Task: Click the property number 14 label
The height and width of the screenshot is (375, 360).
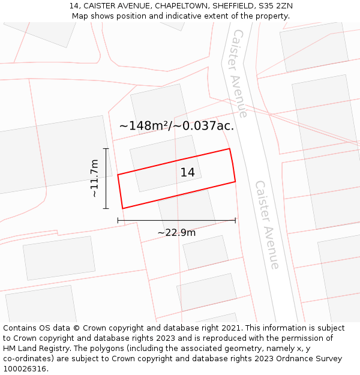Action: [187, 173]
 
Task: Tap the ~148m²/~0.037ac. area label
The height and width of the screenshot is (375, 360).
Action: [176, 126]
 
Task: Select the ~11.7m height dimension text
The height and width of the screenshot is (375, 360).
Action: [94, 178]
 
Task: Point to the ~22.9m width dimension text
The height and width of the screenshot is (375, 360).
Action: [176, 232]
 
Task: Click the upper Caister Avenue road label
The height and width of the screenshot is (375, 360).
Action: [239, 73]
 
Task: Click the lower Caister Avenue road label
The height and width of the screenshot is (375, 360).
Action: [268, 224]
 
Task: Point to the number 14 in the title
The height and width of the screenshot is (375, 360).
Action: [74, 6]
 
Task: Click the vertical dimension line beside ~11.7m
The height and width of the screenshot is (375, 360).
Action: [106, 178]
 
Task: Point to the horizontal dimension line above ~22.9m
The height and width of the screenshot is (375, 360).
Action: [176, 220]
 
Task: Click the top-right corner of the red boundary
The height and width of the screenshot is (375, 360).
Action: [230, 149]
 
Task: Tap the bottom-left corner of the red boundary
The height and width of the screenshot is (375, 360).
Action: [123, 208]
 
